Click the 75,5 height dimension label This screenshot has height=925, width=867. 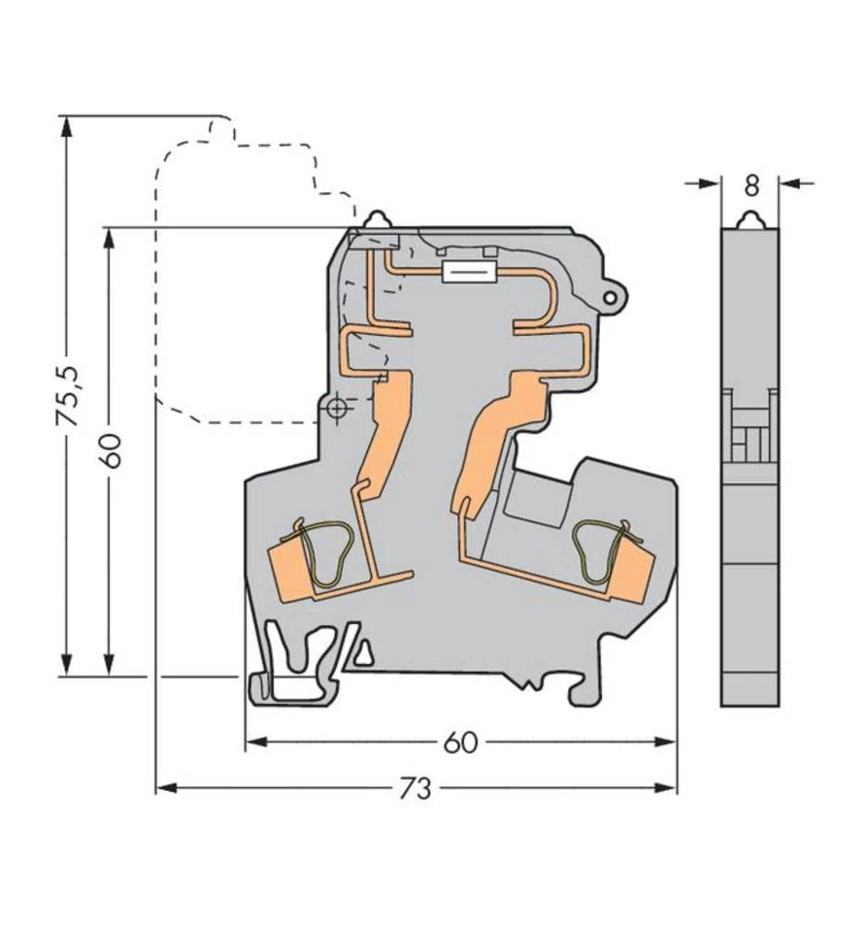tap(68, 396)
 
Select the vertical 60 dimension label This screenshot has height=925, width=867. tap(110, 450)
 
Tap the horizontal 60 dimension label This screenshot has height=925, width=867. tap(460, 742)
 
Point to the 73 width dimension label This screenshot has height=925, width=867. tap(415, 788)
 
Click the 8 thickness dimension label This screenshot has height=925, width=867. tap(750, 185)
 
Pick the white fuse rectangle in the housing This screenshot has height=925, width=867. tap(469, 271)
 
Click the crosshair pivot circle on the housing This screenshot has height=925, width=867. tap(338, 407)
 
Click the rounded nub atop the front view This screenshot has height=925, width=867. tap(378, 220)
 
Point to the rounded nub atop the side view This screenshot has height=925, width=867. tap(750, 220)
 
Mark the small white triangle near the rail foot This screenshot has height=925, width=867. tap(365, 655)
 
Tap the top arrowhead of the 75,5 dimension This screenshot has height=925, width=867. tap(67, 126)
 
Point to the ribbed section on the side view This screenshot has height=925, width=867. tap(750, 425)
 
